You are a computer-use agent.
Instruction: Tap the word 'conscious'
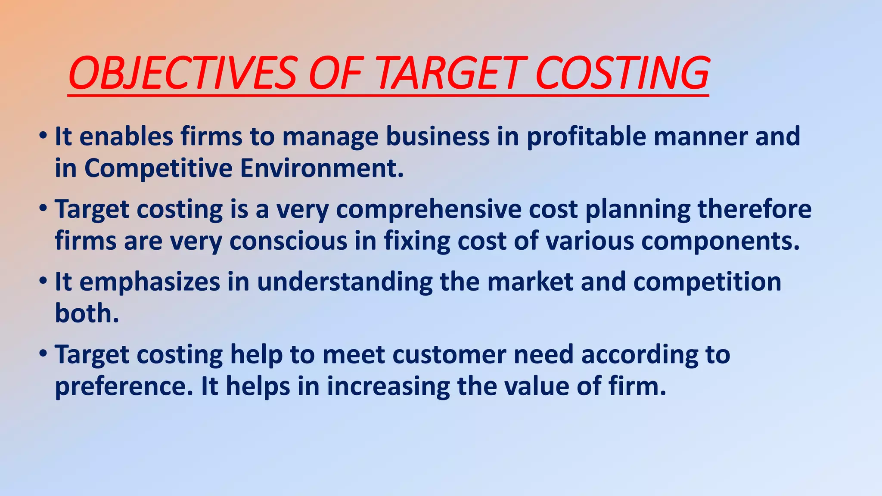tap(288, 241)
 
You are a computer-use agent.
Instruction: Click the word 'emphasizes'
tap(150, 282)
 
